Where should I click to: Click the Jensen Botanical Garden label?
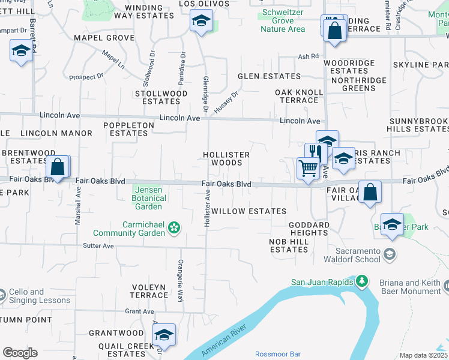tap(148, 198)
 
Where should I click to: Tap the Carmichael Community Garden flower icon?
tap(174, 227)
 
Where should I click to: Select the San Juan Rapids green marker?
tap(362, 281)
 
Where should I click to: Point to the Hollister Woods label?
tap(226, 158)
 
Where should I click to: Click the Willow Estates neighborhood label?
tap(248, 211)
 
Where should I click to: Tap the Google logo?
tap(20, 352)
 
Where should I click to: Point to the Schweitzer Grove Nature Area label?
tap(281, 21)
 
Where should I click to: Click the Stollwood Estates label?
tap(161, 97)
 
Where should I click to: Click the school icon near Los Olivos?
tap(201, 22)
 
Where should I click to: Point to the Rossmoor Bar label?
tap(278, 354)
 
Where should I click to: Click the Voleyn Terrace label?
tap(149, 291)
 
